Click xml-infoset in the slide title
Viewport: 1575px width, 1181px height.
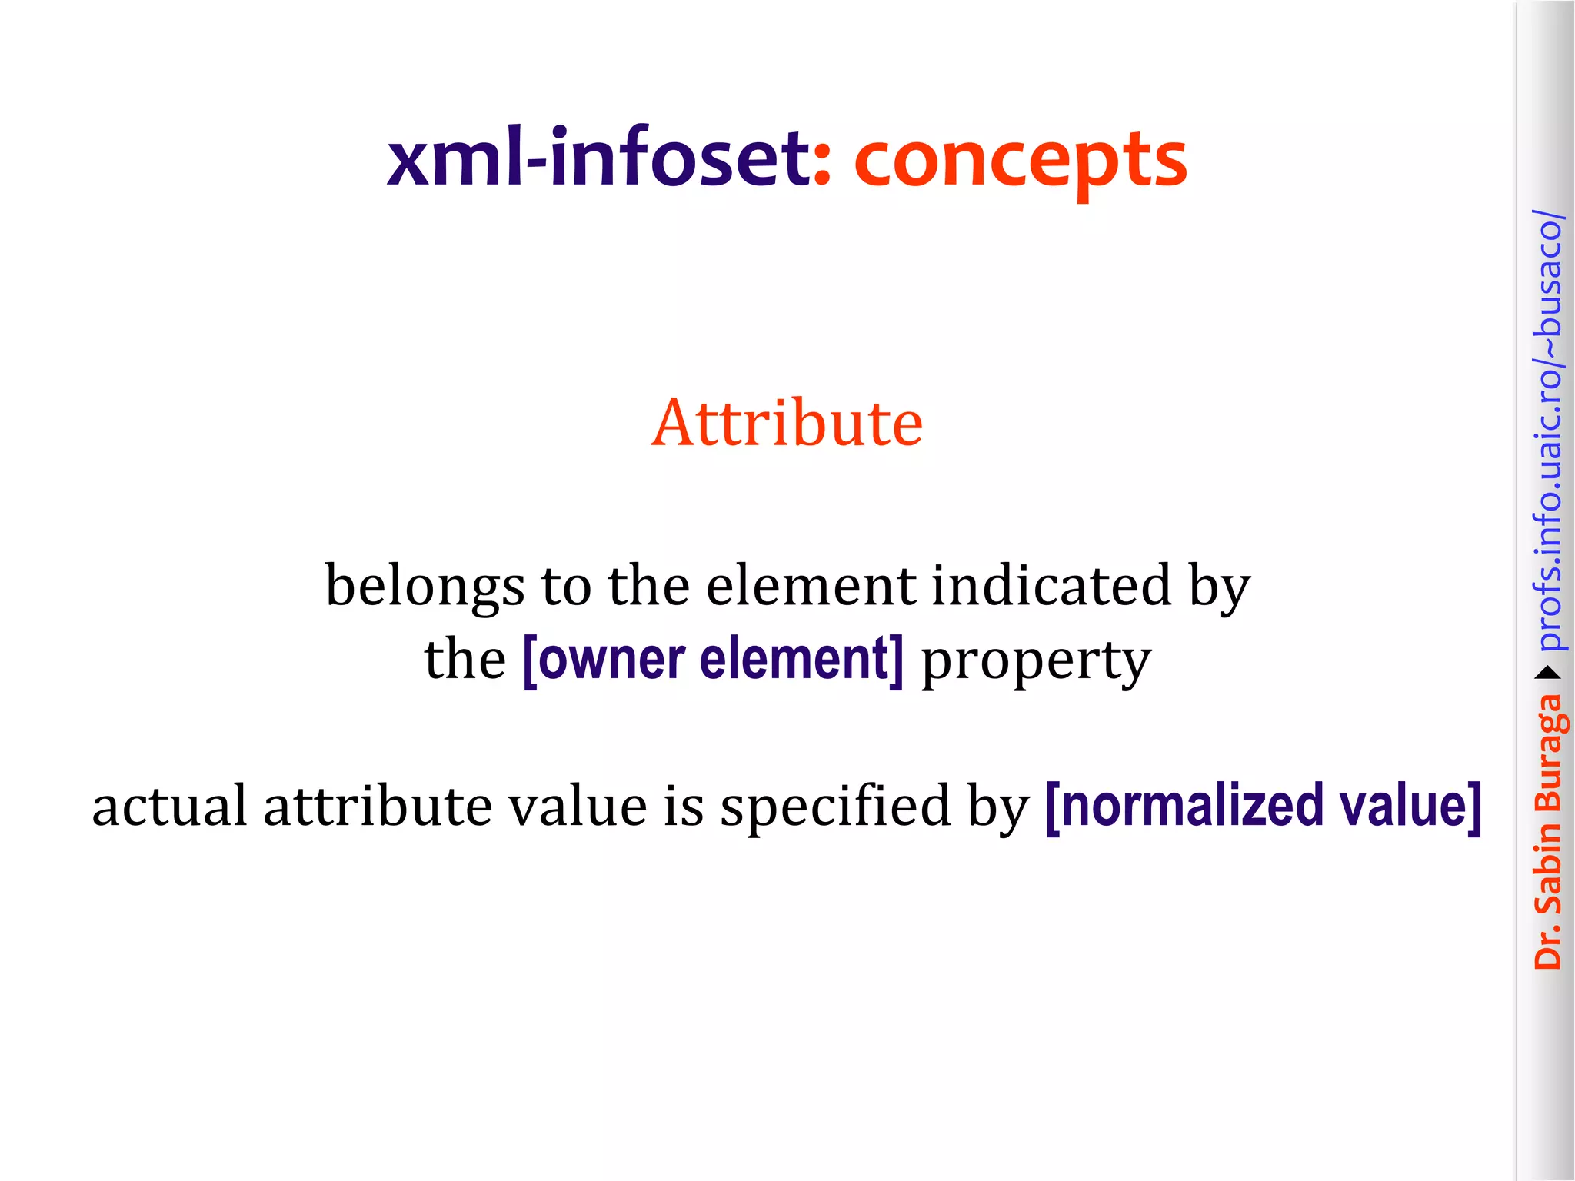coord(598,159)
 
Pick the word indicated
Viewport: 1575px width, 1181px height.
coord(1051,586)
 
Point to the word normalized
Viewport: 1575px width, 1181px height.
coord(1189,806)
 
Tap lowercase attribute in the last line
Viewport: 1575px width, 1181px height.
coord(378,806)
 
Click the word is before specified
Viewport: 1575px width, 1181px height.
coord(683,806)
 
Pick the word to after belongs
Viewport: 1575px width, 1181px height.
coord(566,586)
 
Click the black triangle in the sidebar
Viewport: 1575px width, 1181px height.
coord(1547,674)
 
